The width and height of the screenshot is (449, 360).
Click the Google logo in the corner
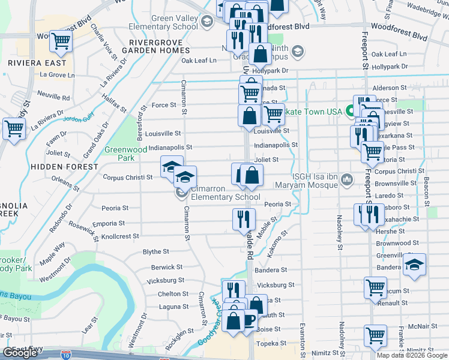pyautogui.click(x=20, y=353)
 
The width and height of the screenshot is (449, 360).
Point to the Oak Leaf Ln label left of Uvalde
pyautogui.click(x=199, y=61)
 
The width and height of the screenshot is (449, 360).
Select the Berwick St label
pyautogui.click(x=167, y=266)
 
